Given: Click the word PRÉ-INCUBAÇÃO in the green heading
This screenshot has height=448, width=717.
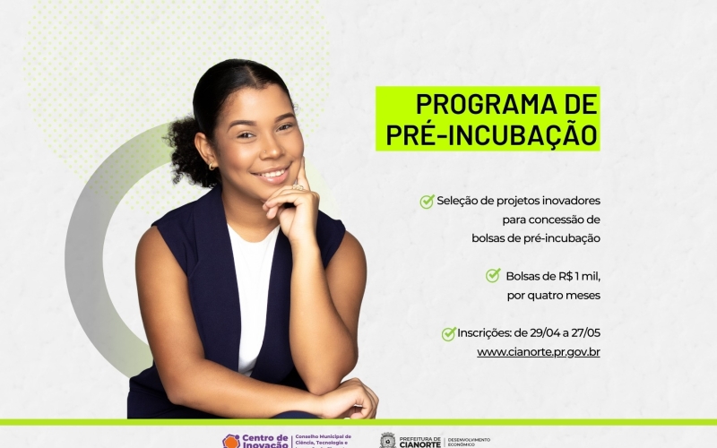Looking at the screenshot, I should (492, 134).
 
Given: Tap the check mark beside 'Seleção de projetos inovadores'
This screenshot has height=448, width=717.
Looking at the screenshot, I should (428, 202).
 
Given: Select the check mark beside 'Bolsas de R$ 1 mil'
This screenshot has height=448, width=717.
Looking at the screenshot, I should (493, 275).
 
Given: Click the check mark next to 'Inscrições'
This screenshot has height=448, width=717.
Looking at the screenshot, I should (449, 334).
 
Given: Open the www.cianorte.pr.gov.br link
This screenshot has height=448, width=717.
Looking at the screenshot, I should (538, 352).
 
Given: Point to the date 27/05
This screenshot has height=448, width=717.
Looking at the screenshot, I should (583, 333).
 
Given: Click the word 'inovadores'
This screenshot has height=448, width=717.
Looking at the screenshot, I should (568, 201).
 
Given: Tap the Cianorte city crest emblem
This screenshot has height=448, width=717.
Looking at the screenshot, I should (388, 440).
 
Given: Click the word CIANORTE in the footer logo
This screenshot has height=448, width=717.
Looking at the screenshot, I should (419, 443).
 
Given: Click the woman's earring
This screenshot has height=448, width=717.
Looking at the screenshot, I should (212, 166).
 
